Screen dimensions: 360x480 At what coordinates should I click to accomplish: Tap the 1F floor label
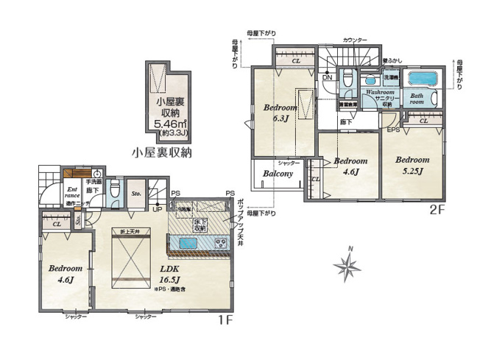click(x=225, y=322)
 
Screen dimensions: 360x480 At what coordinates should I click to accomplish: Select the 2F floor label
click(x=437, y=210)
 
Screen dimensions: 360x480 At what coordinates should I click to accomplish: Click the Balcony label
click(x=275, y=174)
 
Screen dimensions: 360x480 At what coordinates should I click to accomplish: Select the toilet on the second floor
click(x=350, y=82)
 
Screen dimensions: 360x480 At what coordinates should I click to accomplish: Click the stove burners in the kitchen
click(x=220, y=243)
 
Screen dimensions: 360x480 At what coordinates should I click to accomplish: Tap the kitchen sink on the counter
click(x=182, y=242)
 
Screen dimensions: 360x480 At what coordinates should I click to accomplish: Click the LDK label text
click(x=171, y=270)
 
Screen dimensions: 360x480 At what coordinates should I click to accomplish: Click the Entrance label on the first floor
click(x=72, y=193)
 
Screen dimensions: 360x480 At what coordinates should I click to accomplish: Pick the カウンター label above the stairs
click(x=356, y=39)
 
